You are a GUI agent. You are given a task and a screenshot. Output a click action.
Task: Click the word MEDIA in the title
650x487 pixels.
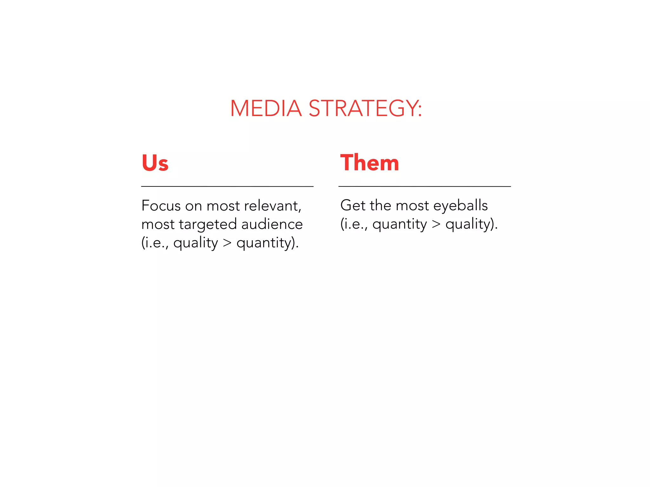(266, 108)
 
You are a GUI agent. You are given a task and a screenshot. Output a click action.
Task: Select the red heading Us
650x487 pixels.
(155, 163)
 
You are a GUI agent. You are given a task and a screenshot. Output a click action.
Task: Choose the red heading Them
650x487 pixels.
(369, 163)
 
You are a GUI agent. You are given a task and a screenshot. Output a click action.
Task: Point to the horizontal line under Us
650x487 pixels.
(227, 186)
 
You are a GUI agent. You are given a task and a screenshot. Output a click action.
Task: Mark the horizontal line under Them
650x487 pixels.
(425, 186)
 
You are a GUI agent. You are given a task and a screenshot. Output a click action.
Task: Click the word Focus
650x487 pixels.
(161, 206)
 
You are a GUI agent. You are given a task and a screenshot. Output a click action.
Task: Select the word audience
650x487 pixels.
(272, 224)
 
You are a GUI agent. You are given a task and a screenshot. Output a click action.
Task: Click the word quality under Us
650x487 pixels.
(196, 243)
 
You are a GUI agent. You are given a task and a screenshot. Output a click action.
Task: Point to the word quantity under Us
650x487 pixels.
(264, 243)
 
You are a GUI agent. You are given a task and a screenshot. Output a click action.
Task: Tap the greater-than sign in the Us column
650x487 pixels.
(227, 243)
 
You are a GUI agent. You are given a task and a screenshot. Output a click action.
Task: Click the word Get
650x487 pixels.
(353, 205)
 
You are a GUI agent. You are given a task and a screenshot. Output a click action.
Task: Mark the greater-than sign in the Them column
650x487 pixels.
(436, 224)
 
